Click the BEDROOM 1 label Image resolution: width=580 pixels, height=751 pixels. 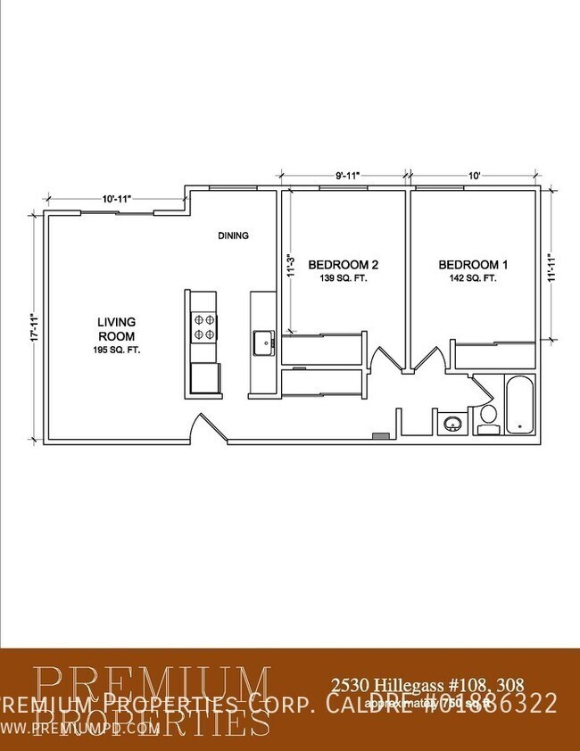pyautogui.click(x=473, y=265)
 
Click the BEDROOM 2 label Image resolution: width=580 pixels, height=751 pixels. pyautogui.click(x=344, y=265)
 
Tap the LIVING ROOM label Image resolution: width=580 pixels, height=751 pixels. pyautogui.click(x=116, y=329)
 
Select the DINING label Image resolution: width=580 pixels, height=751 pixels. pyautogui.click(x=233, y=236)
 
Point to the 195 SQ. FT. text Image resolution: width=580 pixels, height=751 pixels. pyautogui.click(x=116, y=351)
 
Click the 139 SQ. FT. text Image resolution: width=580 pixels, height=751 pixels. pyautogui.click(x=344, y=278)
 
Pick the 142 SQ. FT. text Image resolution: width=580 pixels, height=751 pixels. pyautogui.click(x=473, y=278)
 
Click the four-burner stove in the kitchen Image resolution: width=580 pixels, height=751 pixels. pyautogui.click(x=202, y=327)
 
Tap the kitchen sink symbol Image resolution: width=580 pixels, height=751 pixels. pyautogui.click(x=262, y=342)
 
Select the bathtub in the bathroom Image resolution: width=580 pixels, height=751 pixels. pyautogui.click(x=518, y=406)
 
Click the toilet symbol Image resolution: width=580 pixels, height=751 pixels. pyautogui.click(x=487, y=418)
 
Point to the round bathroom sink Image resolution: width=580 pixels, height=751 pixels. pyautogui.click(x=452, y=424)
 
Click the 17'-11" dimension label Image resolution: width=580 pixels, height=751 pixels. pyautogui.click(x=34, y=328)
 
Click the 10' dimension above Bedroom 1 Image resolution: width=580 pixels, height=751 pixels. pyautogui.click(x=474, y=176)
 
